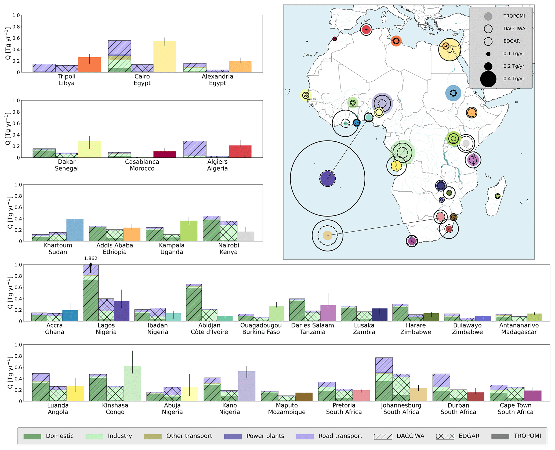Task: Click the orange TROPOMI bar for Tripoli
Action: [x=89, y=65]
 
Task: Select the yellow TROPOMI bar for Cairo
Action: [x=165, y=57]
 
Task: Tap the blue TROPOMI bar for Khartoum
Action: [x=75, y=230]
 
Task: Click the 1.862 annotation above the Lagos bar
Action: [x=90, y=258]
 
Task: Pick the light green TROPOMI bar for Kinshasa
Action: [x=132, y=383]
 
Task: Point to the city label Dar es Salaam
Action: [x=313, y=325]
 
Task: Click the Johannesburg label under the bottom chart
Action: [x=401, y=405]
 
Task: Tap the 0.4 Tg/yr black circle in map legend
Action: [x=488, y=79]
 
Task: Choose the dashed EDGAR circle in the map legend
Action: [x=488, y=41]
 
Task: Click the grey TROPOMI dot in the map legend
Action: [x=488, y=16]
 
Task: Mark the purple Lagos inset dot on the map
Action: [x=327, y=178]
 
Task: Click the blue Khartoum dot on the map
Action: [x=453, y=93]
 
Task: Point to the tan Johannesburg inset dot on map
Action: [x=327, y=235]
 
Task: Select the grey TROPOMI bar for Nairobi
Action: [x=246, y=236]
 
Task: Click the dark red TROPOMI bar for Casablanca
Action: [x=165, y=154]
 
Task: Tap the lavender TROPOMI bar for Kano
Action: [x=247, y=386]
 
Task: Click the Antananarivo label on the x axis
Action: [x=519, y=325]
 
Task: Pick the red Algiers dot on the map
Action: [x=366, y=30]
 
